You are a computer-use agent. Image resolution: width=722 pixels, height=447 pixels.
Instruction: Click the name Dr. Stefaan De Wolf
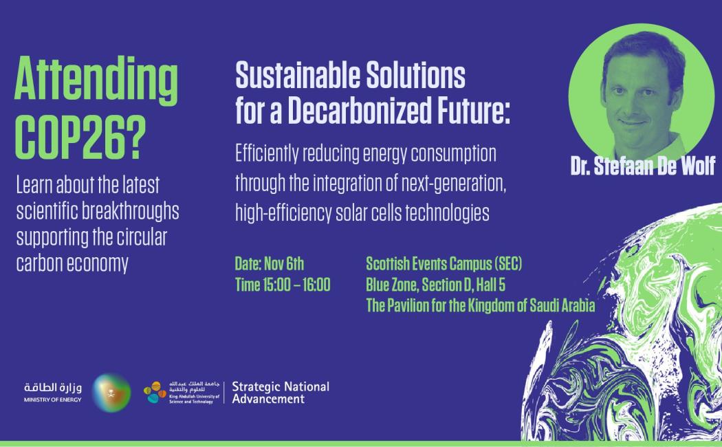coord(643,166)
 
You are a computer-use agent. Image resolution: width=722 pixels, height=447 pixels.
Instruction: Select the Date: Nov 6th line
coord(270,264)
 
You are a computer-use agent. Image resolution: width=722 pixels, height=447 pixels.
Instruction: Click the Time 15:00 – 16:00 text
coord(283,285)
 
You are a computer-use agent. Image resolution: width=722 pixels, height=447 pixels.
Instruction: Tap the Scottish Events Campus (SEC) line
coord(444,264)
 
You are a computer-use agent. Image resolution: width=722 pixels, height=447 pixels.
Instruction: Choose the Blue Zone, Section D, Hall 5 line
coord(435,285)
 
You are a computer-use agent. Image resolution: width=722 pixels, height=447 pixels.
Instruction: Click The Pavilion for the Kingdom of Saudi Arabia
coord(481,305)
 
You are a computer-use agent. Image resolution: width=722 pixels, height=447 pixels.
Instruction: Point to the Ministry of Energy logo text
coord(53,392)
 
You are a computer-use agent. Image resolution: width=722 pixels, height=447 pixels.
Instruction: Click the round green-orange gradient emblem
coord(111,393)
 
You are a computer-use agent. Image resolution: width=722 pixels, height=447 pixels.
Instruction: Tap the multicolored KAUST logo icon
coord(155,392)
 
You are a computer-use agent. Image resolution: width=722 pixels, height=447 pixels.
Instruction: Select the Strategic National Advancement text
coord(281,393)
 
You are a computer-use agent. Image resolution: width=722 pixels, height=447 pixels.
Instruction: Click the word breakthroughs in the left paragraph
coord(131,211)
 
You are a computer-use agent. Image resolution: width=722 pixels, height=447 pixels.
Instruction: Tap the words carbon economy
coord(72,264)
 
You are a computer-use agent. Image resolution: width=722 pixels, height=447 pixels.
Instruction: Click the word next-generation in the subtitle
coord(454,184)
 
